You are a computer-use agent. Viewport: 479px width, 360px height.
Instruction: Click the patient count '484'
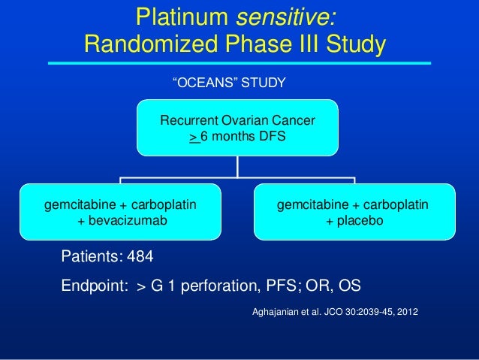click(140, 257)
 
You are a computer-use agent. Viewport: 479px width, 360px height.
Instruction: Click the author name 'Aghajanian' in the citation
click(273, 309)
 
